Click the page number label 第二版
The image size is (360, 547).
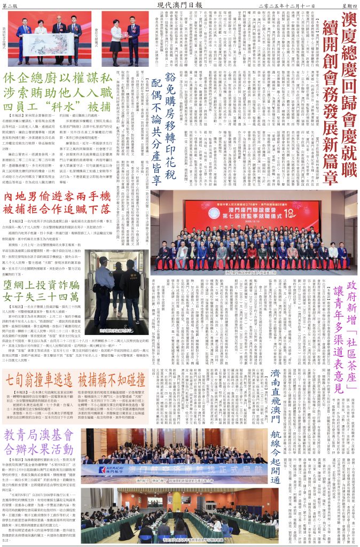click(10, 5)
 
